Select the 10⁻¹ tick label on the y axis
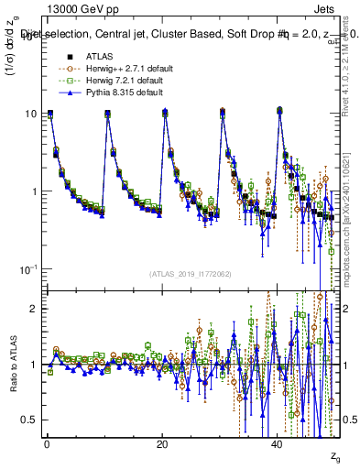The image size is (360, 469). (29, 267)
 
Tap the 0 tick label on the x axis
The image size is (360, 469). (48, 442)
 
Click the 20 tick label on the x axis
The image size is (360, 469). (162, 442)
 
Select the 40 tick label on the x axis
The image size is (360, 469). (278, 442)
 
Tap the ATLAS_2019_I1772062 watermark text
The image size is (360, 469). (190, 274)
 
